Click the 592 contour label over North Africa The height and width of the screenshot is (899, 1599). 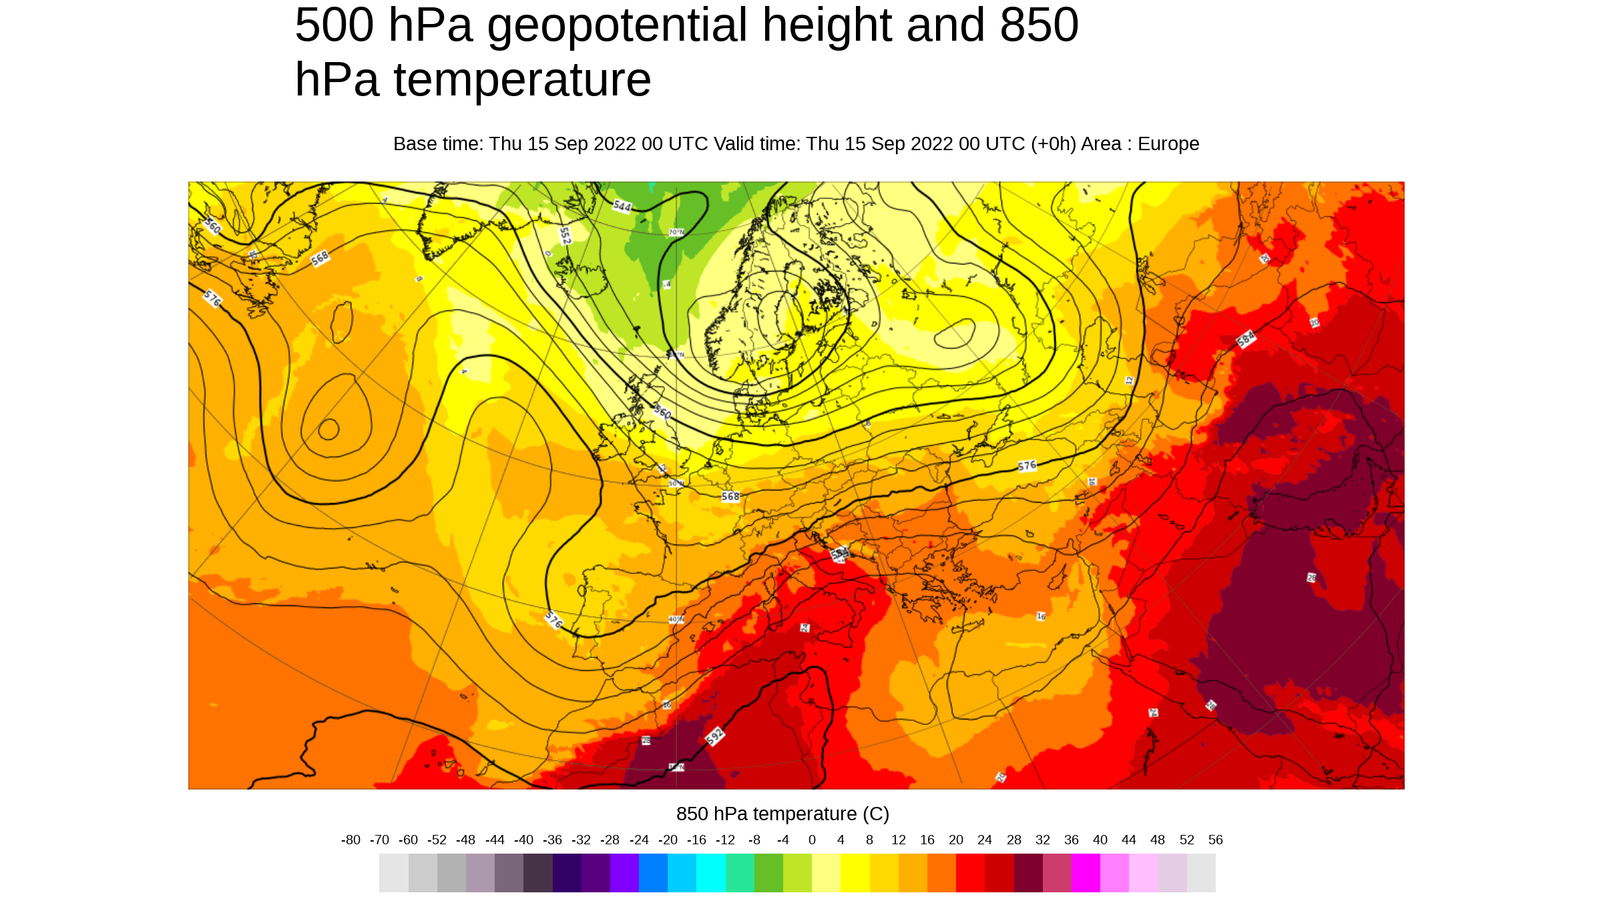click(714, 736)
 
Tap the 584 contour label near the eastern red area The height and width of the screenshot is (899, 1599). click(1246, 339)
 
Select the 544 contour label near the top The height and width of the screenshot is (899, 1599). click(622, 206)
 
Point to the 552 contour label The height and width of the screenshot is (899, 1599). click(565, 236)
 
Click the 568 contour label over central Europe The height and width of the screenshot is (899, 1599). click(730, 497)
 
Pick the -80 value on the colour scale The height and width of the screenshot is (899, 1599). click(351, 840)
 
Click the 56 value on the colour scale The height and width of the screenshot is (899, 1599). click(1215, 840)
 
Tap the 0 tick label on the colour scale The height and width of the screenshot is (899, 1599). click(812, 840)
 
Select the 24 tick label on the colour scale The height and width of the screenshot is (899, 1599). click(984, 840)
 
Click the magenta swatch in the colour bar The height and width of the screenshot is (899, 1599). click(1086, 873)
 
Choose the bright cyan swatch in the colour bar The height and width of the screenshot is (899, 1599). click(711, 873)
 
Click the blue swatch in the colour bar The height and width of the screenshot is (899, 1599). click(653, 873)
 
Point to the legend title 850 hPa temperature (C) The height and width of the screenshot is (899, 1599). click(782, 814)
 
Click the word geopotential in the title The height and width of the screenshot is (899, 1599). click(617, 25)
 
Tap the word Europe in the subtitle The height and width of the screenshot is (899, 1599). click(1168, 144)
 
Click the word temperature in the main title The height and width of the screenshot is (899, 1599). click(522, 80)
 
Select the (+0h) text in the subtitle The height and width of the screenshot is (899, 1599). click(1054, 144)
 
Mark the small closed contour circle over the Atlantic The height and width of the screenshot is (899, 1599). click(328, 429)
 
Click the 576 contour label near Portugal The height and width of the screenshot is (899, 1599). click(553, 620)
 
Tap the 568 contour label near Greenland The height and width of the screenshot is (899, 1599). click(320, 258)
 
